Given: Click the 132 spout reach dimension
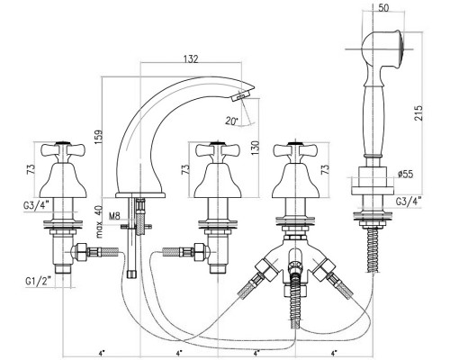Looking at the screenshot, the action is click(x=191, y=58).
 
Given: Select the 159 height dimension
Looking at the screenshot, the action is click(x=98, y=137).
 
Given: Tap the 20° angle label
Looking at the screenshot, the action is click(x=231, y=121).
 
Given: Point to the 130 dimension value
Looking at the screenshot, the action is click(x=255, y=148).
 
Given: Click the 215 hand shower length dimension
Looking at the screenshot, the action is click(x=418, y=112).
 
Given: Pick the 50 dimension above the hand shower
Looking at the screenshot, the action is click(x=383, y=8).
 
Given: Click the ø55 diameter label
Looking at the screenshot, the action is click(x=405, y=174).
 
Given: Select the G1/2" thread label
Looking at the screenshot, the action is click(x=38, y=281).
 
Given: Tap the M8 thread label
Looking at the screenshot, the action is click(x=114, y=216).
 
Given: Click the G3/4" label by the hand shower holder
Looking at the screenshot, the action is click(x=409, y=201).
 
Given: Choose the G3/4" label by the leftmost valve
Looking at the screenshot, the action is click(x=36, y=205).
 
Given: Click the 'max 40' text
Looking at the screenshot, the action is click(x=99, y=221).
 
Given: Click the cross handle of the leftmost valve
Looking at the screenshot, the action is click(x=63, y=150).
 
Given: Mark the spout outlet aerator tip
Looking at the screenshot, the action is click(x=240, y=95).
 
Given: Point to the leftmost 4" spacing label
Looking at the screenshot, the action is click(x=102, y=353).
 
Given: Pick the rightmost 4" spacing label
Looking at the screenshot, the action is click(x=334, y=353).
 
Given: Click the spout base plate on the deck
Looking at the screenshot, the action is click(x=140, y=195).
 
